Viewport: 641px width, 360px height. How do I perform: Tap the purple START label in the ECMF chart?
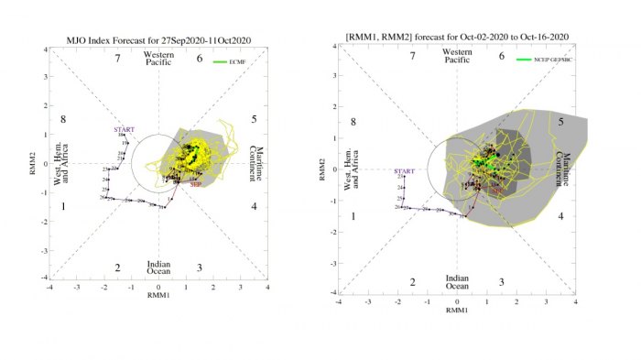124,129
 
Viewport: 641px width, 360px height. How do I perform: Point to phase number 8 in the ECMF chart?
63,120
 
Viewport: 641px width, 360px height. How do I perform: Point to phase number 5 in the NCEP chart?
560,121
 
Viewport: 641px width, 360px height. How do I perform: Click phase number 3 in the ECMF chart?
199,267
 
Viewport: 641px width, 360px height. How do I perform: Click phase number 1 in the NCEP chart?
353,216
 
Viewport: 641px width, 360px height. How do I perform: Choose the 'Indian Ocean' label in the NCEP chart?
457,282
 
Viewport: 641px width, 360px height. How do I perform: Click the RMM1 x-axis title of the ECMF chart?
158,297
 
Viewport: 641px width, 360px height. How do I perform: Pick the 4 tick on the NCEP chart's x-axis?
575,301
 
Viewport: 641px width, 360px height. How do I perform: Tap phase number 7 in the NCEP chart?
412,57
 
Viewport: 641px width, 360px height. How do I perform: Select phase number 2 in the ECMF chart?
117,267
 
